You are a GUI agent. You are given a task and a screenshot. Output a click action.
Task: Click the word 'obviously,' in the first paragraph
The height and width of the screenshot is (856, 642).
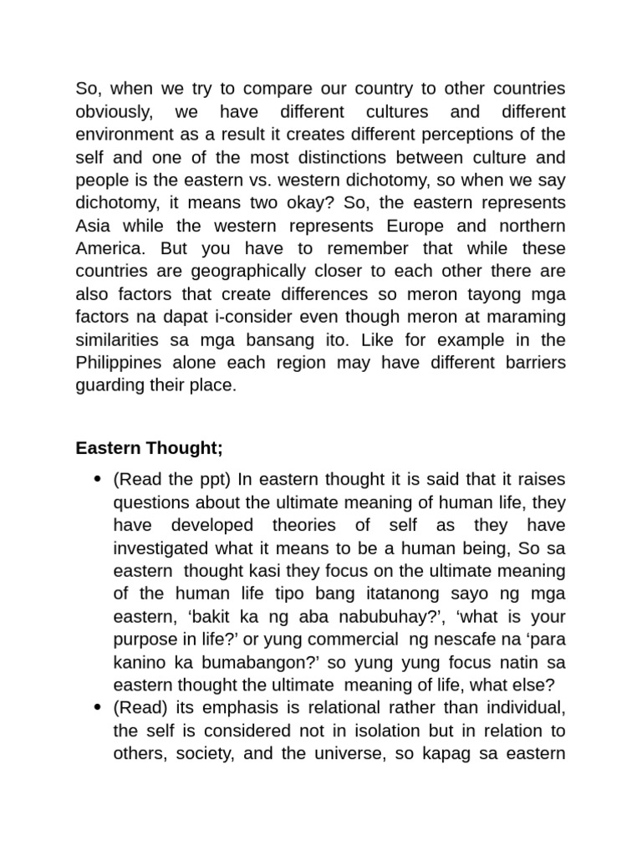coord(111,112)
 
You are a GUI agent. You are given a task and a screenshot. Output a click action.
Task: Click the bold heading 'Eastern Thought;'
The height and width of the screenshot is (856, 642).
coord(149,448)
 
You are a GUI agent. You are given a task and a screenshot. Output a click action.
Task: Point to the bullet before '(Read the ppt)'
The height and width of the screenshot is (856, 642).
coord(96,480)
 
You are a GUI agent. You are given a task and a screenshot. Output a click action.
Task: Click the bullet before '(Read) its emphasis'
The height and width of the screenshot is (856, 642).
coord(96,707)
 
